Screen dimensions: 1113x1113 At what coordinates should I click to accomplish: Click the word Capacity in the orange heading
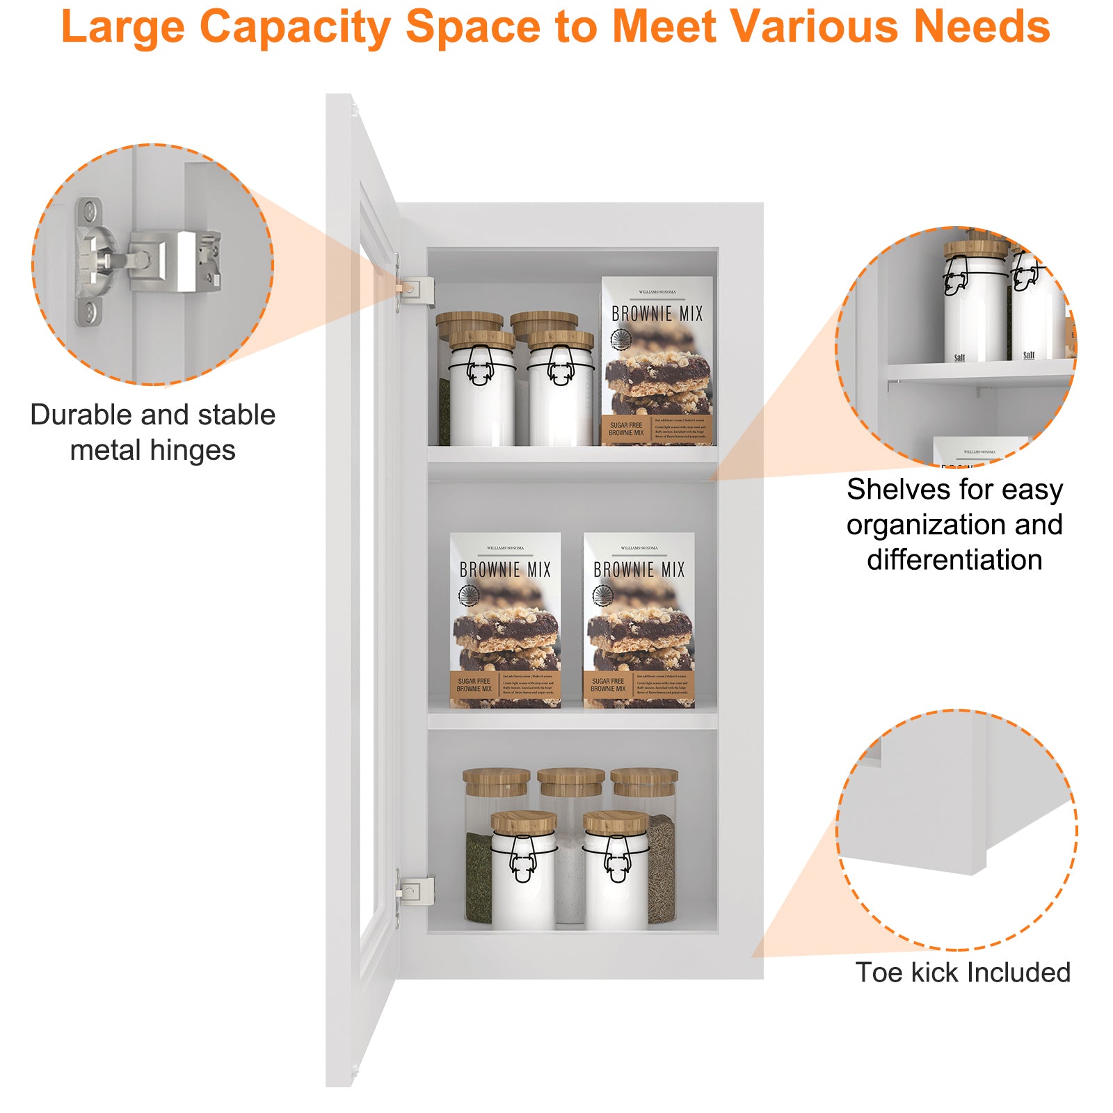coord(296,28)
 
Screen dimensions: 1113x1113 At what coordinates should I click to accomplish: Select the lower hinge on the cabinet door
coord(415,891)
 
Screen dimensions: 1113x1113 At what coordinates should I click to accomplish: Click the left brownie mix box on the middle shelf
coord(505,620)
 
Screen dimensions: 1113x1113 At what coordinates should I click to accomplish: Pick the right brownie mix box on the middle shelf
coord(639,620)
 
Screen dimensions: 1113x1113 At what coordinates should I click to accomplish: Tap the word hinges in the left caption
coord(193,451)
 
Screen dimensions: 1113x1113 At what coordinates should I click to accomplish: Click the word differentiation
coord(954,560)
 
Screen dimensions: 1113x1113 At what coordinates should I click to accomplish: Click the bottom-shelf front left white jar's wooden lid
coord(523,822)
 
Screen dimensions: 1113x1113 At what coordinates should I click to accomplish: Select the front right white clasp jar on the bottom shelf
coord(616,876)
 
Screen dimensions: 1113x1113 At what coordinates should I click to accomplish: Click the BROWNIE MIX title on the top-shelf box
coord(657,314)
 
